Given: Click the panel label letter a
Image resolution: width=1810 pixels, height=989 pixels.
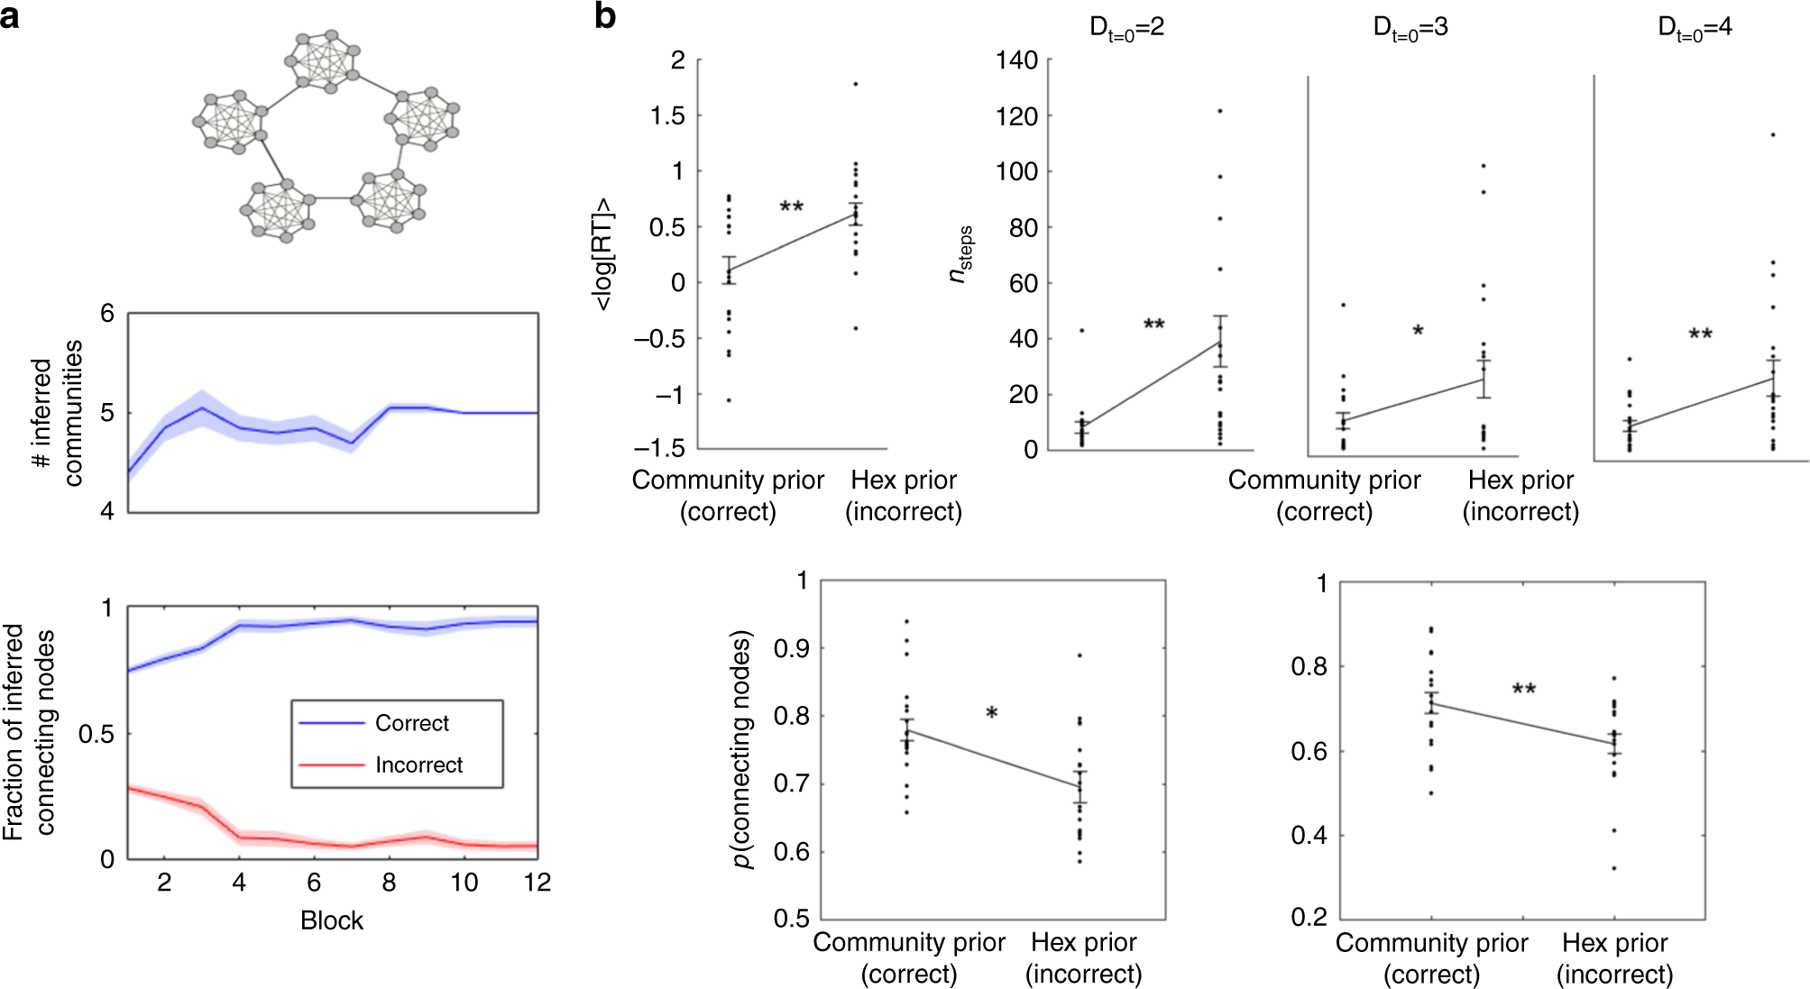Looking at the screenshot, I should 10,16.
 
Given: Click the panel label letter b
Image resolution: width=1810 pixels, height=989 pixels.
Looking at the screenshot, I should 605,16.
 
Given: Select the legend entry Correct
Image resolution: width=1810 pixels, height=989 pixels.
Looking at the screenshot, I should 411,723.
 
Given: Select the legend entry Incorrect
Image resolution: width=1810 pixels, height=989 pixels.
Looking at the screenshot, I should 418,765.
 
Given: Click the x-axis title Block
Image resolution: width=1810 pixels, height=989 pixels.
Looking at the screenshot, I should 331,920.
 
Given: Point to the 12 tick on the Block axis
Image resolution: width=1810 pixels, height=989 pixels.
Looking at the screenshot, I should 537,883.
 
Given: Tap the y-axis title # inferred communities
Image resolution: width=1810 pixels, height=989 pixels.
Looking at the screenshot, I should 56,413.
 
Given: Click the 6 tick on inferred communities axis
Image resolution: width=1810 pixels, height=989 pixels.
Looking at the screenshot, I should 108,314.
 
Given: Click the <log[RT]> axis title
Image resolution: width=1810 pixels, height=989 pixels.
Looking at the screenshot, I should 602,254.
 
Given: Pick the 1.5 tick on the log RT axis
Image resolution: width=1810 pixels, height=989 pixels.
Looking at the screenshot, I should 667,116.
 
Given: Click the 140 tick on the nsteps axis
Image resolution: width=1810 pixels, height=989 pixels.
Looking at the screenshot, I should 1016,60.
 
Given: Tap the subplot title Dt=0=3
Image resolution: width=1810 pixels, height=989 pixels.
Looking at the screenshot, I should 1410,28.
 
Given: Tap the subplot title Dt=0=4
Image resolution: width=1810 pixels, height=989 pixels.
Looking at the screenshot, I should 1695,28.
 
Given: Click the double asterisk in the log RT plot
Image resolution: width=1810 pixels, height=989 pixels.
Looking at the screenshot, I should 791,208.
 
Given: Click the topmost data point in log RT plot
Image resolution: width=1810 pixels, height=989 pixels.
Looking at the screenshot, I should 855,84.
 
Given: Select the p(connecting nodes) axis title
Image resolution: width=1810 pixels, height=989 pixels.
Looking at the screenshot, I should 741,749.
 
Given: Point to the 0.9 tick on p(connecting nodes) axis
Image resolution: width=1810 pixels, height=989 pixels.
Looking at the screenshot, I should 791,648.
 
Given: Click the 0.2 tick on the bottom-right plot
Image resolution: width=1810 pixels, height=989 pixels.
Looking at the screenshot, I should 1309,918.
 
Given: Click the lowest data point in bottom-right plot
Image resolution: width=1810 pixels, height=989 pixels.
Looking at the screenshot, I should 1613,868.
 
